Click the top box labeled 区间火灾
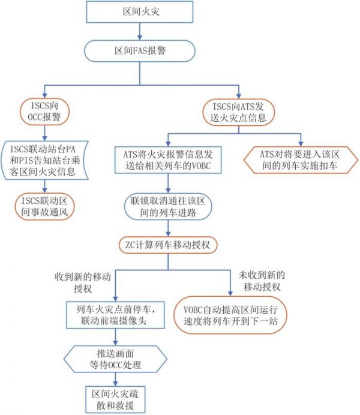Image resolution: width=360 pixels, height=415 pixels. (140, 11)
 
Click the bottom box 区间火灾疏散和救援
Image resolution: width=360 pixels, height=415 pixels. (113, 398)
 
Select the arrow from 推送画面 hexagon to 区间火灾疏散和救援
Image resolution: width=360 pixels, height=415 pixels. (113, 378)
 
